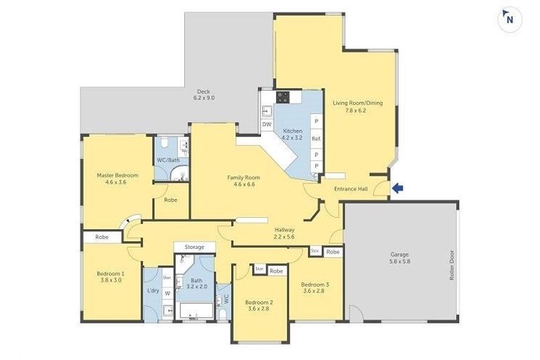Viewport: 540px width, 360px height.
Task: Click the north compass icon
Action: (x=509, y=19)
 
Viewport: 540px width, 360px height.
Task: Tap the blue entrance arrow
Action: (x=398, y=188)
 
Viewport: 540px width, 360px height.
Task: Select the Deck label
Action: (x=204, y=94)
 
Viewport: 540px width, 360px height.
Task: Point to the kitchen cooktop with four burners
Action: (x=283, y=98)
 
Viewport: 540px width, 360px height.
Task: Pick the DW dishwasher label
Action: (x=266, y=124)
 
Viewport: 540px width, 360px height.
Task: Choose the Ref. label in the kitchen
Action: (x=316, y=139)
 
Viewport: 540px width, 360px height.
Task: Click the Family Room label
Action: (x=243, y=181)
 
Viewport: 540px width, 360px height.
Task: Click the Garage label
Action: (x=399, y=258)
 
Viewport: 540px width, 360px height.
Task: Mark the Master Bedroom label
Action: (x=117, y=179)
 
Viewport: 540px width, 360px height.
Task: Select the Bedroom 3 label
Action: (x=316, y=288)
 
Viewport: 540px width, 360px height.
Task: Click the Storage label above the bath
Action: (x=195, y=247)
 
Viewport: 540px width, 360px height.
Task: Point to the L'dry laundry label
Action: (x=153, y=291)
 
